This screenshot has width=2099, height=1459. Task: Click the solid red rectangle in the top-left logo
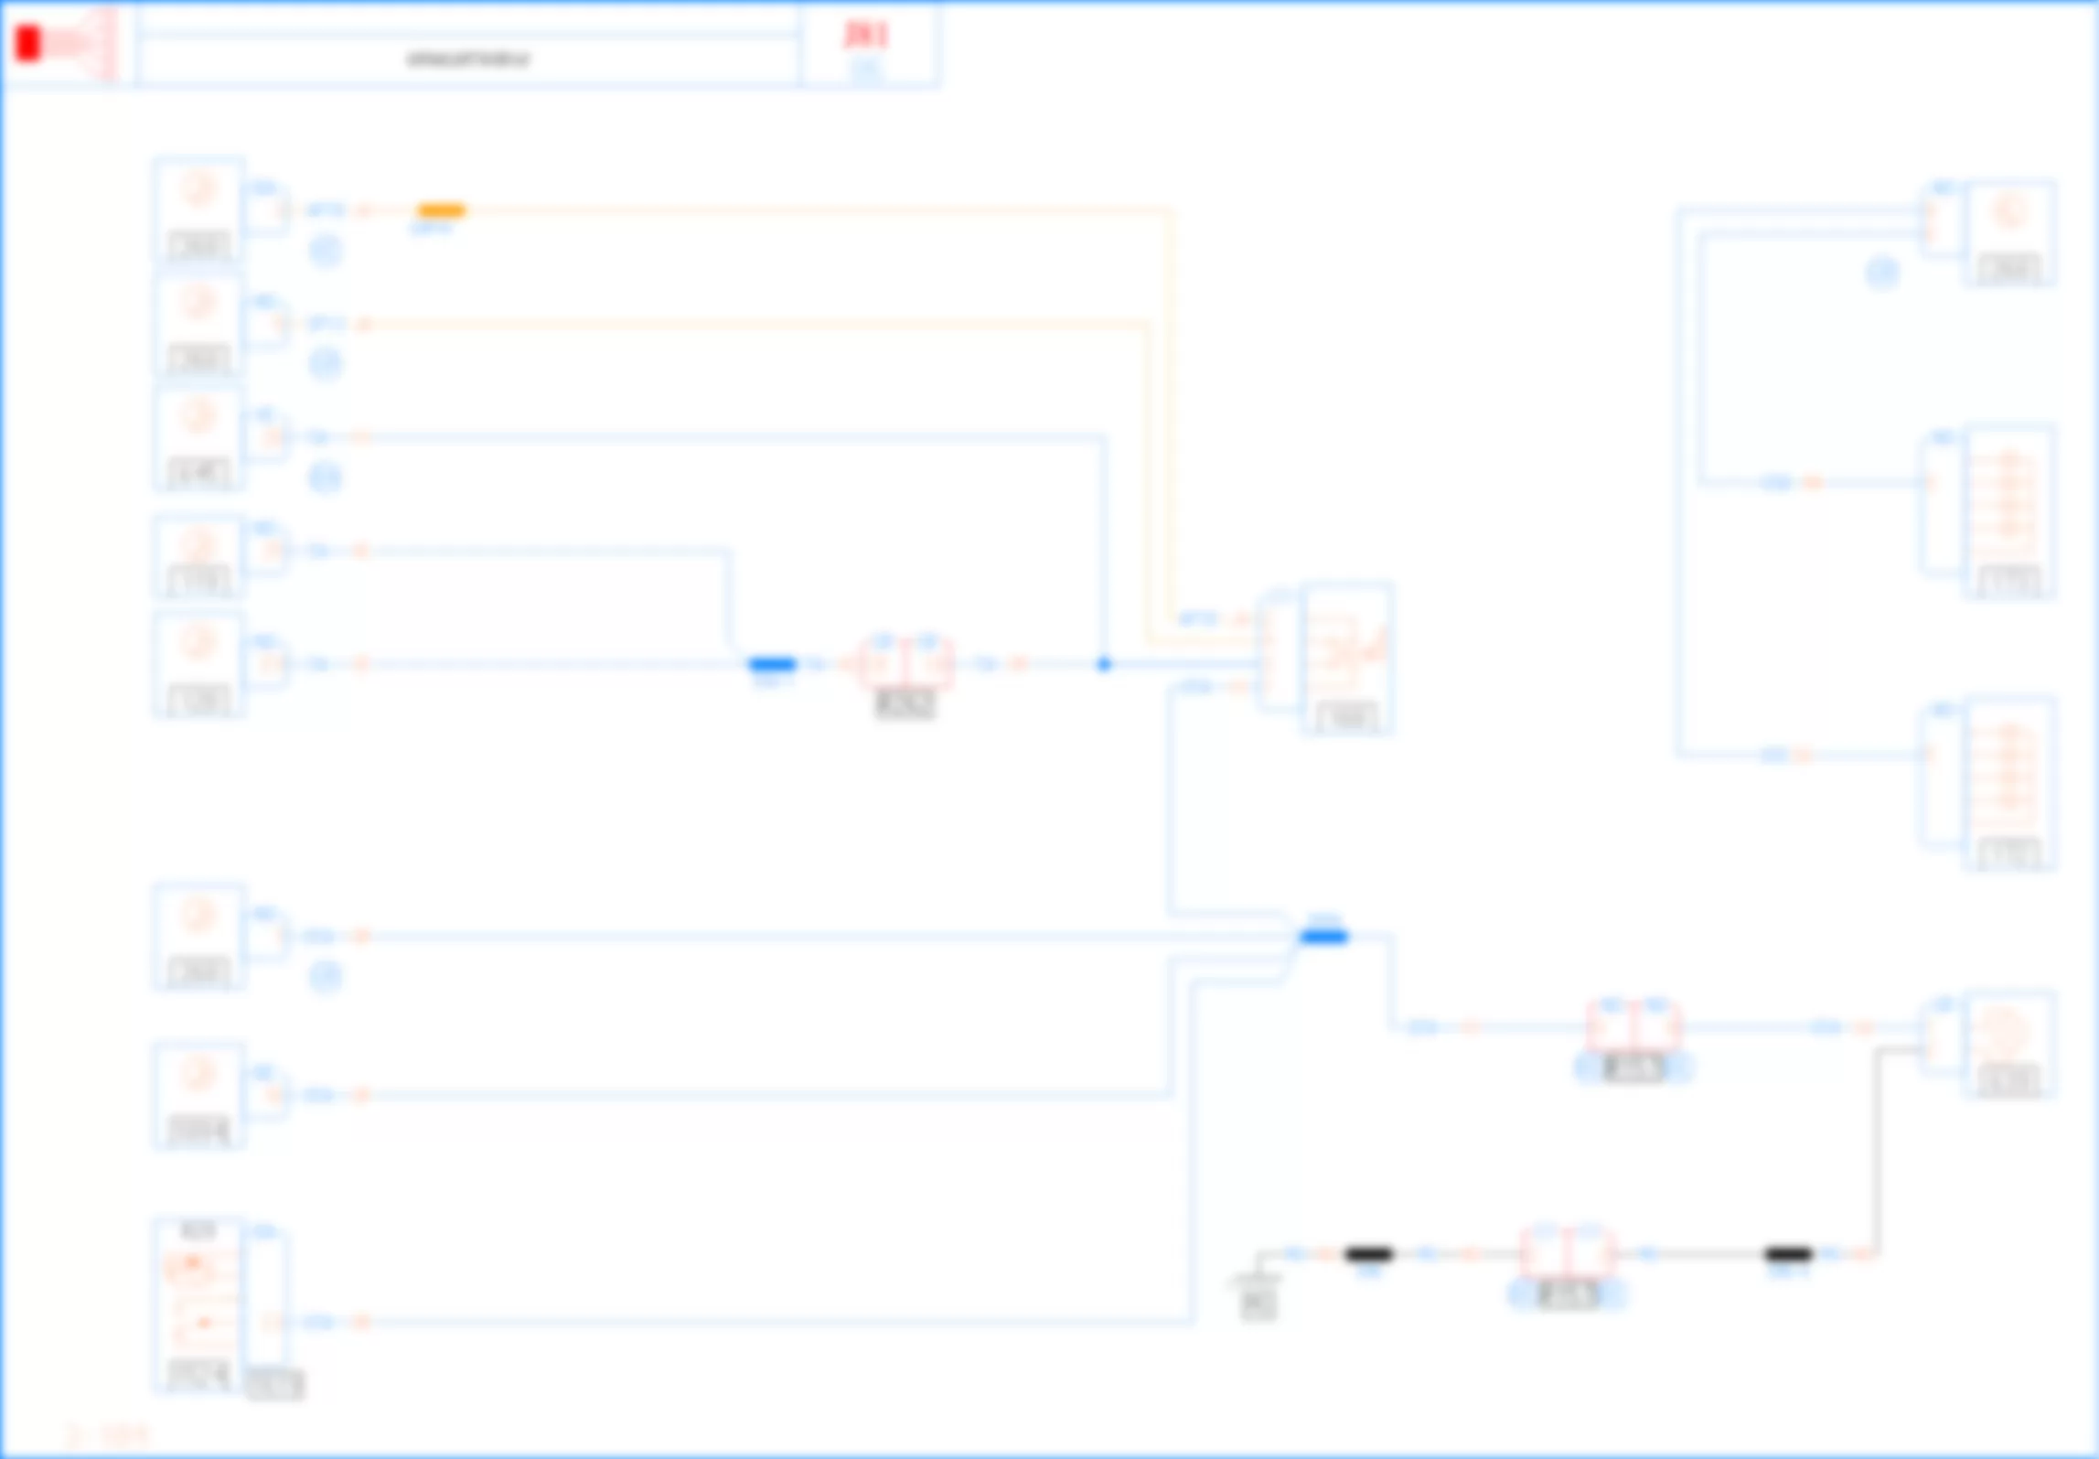pyautogui.click(x=28, y=43)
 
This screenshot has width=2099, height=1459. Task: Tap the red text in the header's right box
pyautogui.click(x=865, y=35)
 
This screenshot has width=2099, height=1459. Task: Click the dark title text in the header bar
pyautogui.click(x=467, y=60)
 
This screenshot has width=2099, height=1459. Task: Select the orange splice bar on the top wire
pyautogui.click(x=441, y=210)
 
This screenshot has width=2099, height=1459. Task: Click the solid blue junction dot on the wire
pyautogui.click(x=1104, y=664)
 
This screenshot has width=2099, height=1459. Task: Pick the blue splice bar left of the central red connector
pyautogui.click(x=772, y=664)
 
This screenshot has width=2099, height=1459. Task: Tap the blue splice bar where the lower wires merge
pyautogui.click(x=1323, y=936)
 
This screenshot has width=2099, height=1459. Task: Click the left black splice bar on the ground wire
pyautogui.click(x=1369, y=1254)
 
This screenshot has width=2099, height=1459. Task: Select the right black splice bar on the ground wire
pyautogui.click(x=1788, y=1254)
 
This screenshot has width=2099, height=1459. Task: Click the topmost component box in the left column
pyautogui.click(x=198, y=209)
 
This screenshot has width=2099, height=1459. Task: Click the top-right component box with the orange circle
pyautogui.click(x=2009, y=233)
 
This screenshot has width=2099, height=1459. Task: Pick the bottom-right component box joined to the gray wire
pyautogui.click(x=2009, y=1043)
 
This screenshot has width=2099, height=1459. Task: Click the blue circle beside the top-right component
pyautogui.click(x=1882, y=273)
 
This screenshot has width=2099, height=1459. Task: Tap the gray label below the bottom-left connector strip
pyautogui.click(x=274, y=1385)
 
